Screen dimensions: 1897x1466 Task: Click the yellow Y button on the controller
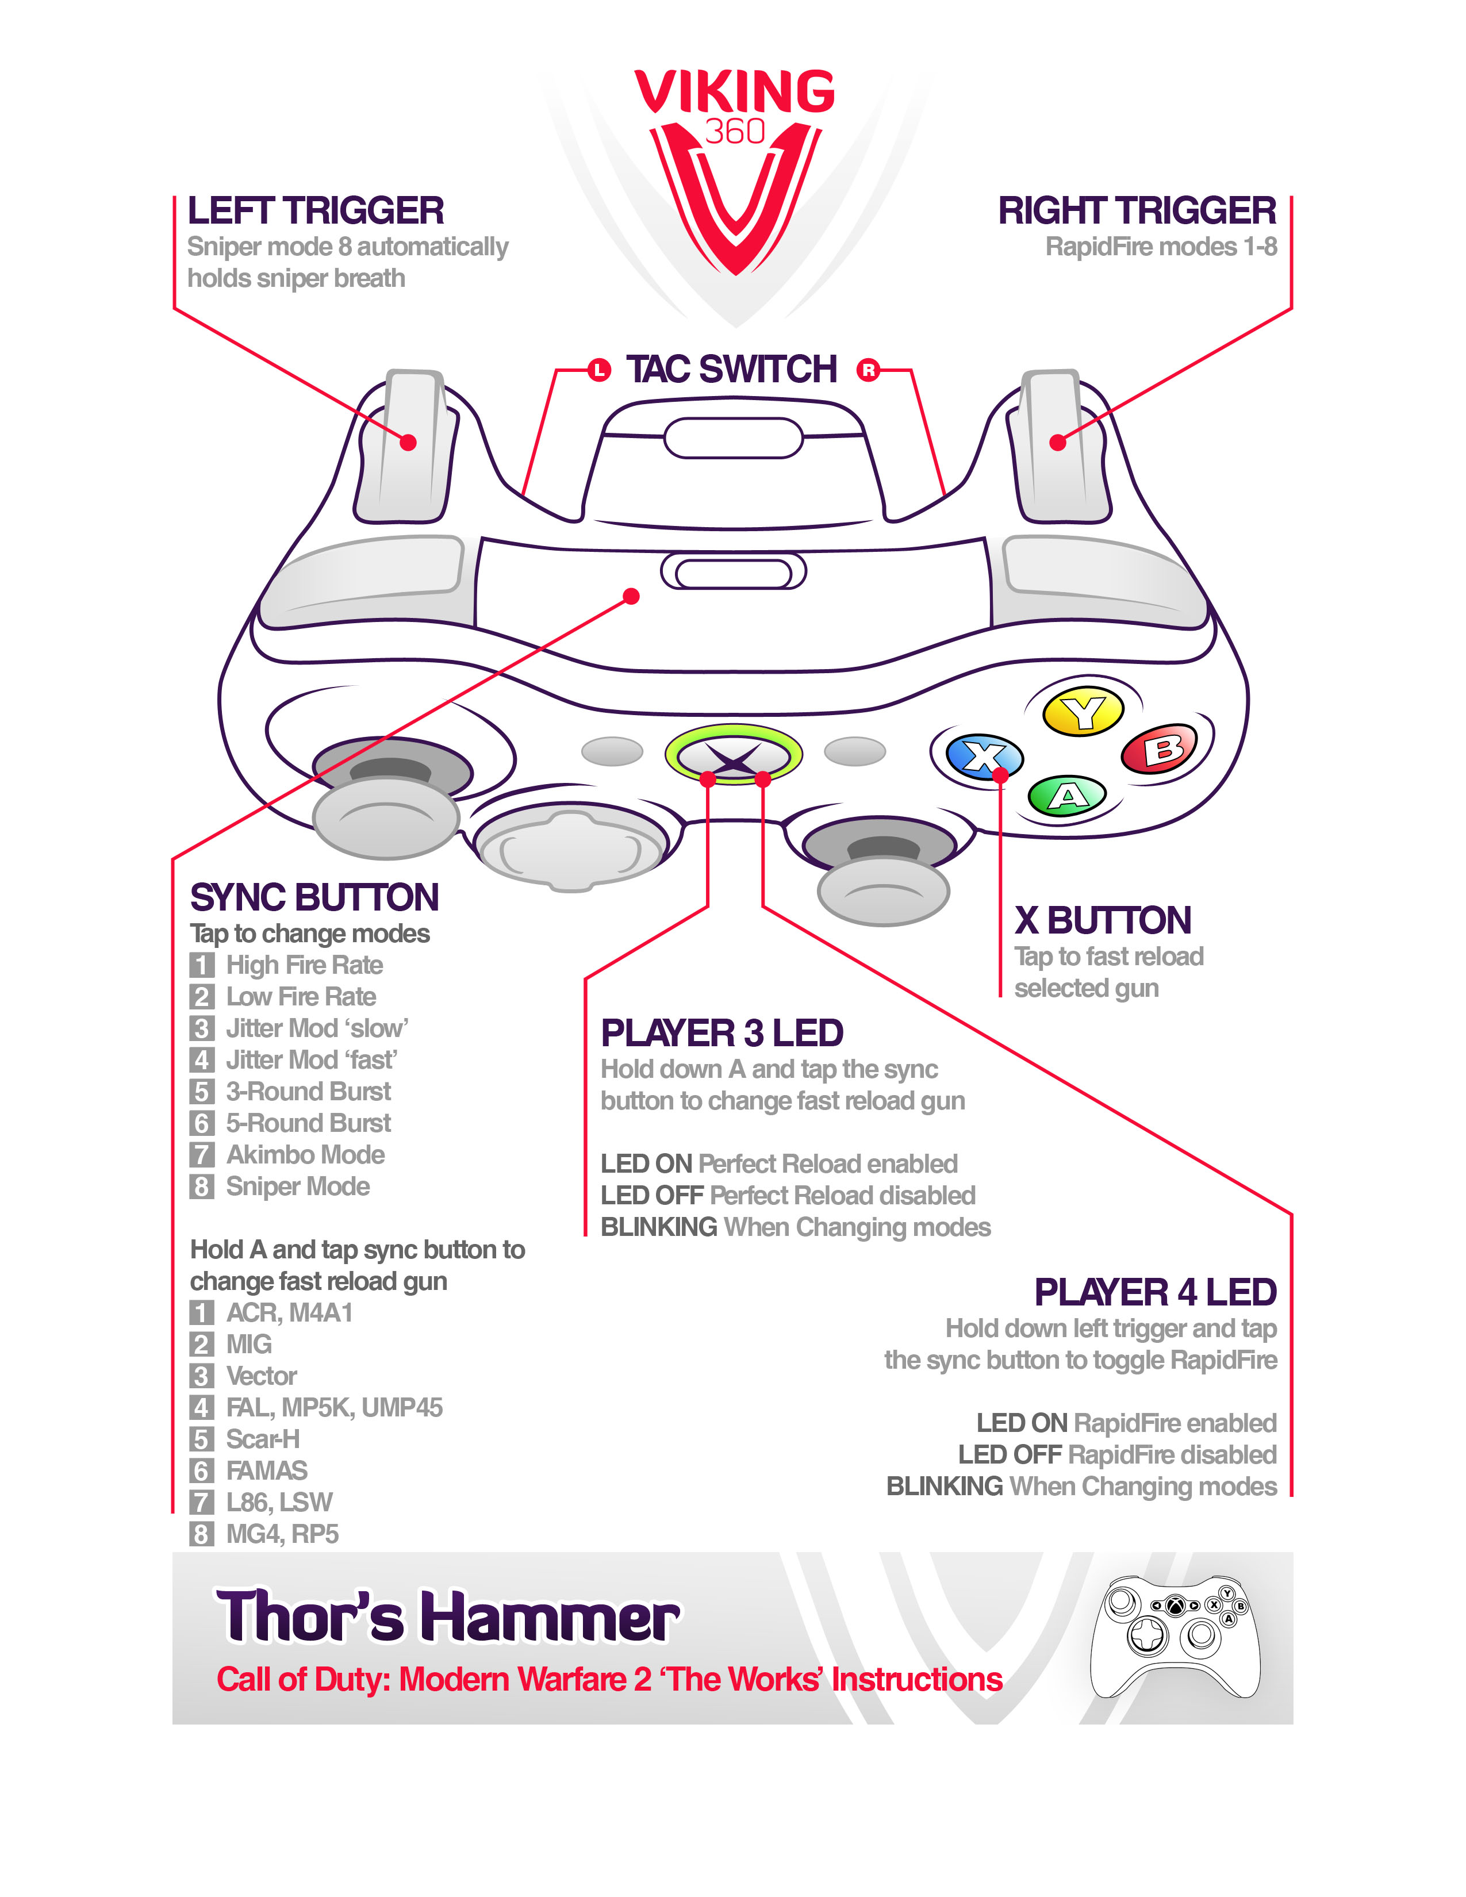click(x=1083, y=712)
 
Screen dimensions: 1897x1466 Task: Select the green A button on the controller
click(x=1068, y=795)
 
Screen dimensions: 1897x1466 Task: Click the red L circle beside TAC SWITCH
click(x=598, y=370)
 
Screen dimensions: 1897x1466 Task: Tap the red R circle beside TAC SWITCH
click(x=868, y=370)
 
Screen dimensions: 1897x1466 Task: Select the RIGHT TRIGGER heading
click(x=1136, y=211)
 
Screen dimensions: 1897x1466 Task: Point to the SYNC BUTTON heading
click(x=314, y=897)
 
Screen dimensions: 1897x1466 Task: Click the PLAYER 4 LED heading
click(x=1154, y=1292)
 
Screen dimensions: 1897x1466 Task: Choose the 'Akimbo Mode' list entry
click(x=305, y=1154)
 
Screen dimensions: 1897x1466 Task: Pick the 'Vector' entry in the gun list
click(x=262, y=1376)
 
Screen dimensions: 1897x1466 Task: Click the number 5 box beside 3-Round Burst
click(x=201, y=1092)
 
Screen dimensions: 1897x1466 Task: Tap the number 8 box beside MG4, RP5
click(x=201, y=1534)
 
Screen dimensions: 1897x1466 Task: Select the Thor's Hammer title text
click(x=447, y=1616)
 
